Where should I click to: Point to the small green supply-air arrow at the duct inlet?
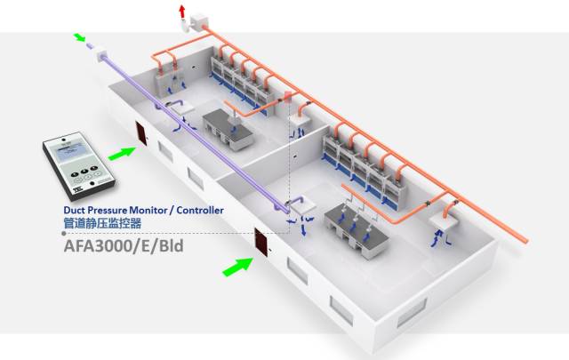click(81, 38)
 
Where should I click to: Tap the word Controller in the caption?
click(197, 211)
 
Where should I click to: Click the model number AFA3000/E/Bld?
click(124, 244)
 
